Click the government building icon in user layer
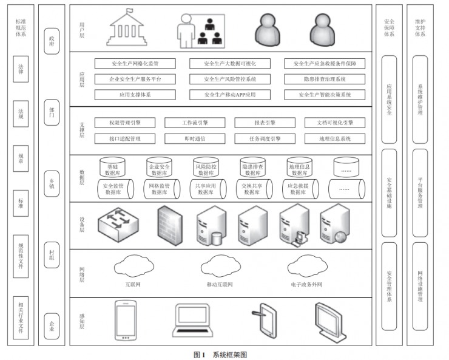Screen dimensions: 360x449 [x=129, y=29]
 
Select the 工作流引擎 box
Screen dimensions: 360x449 [x=194, y=123]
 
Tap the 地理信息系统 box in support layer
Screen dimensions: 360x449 [x=334, y=138]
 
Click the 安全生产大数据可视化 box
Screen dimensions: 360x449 [x=230, y=63]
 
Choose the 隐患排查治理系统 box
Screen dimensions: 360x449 [x=325, y=79]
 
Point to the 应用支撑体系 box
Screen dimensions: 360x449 [x=135, y=95]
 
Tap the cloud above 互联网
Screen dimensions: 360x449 [x=133, y=266]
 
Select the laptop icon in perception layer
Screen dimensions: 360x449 [x=193, y=321]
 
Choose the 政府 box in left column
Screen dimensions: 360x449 [x=52, y=44]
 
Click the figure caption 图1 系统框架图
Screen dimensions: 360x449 [x=220, y=354]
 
